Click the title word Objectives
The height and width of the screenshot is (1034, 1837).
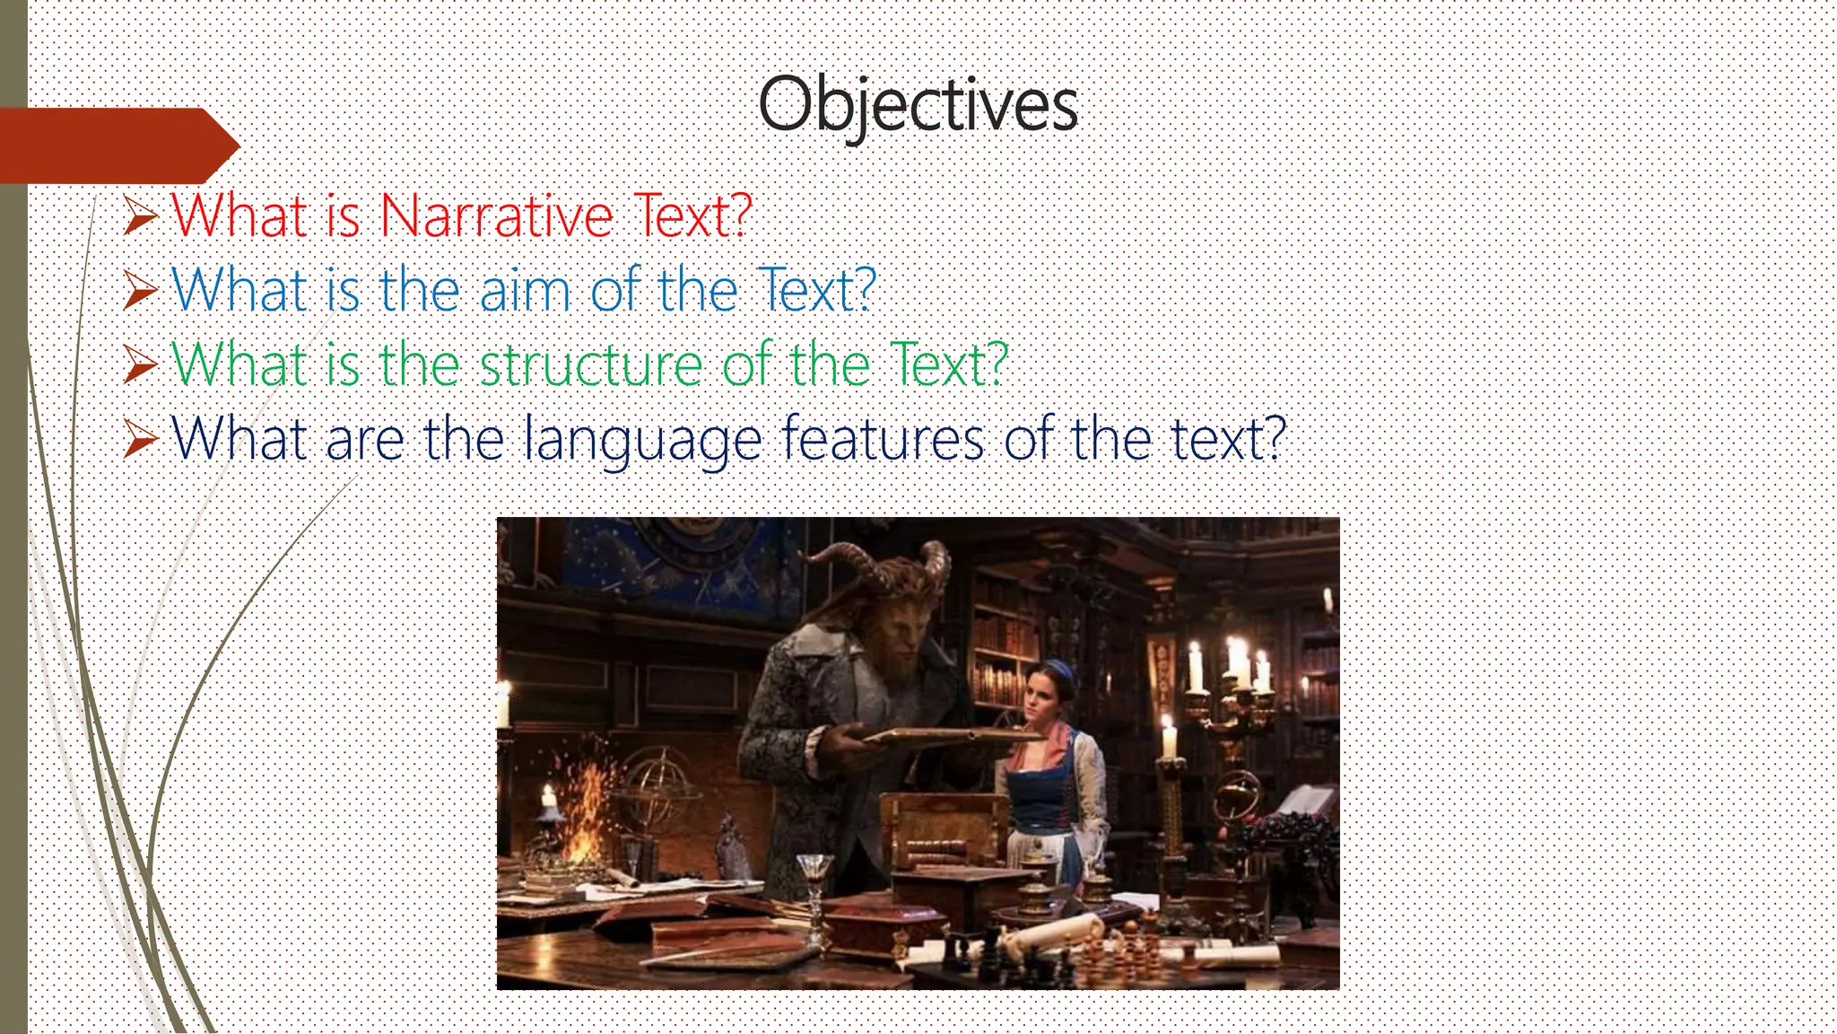pyautogui.click(x=918, y=105)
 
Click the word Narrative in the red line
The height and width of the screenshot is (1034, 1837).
pyautogui.click(x=496, y=216)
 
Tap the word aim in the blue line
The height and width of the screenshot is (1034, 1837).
pyautogui.click(x=525, y=291)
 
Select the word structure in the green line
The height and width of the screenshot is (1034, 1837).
pyautogui.click(x=591, y=365)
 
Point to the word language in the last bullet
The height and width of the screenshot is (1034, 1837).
pyautogui.click(x=642, y=440)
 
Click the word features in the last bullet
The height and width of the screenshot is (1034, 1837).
pyautogui.click(x=883, y=439)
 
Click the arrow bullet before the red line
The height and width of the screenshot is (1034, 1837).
pyautogui.click(x=141, y=216)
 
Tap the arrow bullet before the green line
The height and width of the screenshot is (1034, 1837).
pyautogui.click(x=141, y=365)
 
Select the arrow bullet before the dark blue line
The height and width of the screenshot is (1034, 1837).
pyautogui.click(x=141, y=440)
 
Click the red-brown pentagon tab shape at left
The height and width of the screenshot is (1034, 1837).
pyautogui.click(x=117, y=145)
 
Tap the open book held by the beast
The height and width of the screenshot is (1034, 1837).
pyautogui.click(x=942, y=738)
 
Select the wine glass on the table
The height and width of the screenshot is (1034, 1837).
pyautogui.click(x=814, y=875)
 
